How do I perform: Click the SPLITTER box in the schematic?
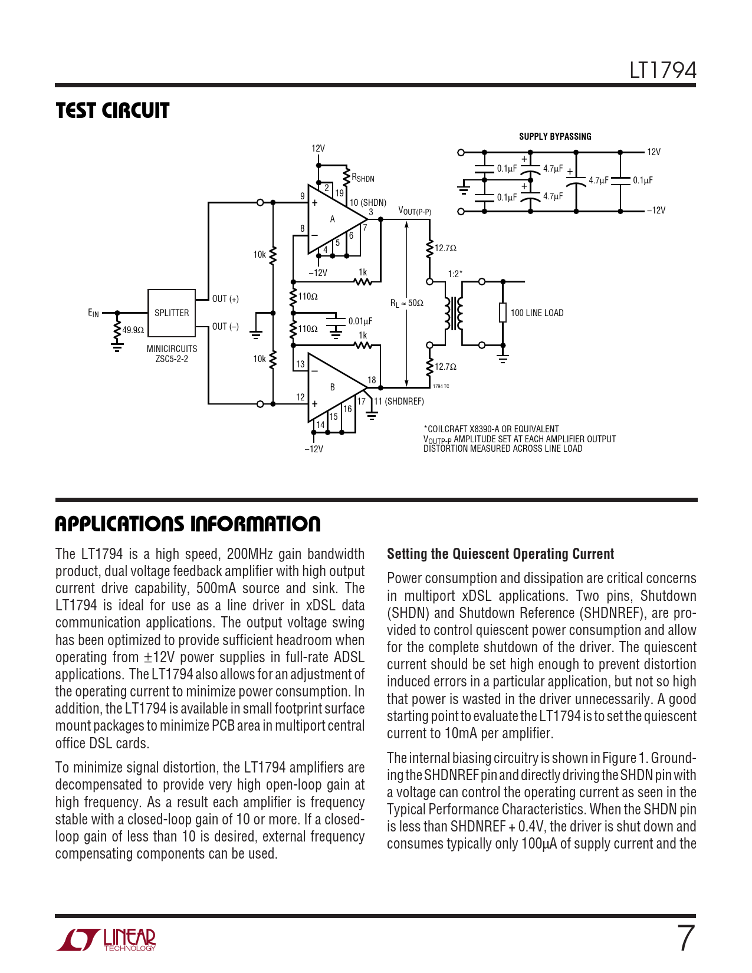171,313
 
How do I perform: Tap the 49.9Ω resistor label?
133,330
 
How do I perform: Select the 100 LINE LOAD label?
537,313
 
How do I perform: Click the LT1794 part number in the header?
662,71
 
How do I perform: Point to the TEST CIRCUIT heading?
113,111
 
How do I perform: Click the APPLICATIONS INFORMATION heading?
188,524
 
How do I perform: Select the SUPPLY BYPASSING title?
555,137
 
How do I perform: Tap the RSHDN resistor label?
363,178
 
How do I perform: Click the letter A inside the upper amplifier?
333,219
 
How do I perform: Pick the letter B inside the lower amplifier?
333,387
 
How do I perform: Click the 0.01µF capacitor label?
360,321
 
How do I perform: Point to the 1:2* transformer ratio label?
455,274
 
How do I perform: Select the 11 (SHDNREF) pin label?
399,402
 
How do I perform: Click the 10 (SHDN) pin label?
368,203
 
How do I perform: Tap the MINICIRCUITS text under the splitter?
172,349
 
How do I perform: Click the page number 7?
685,939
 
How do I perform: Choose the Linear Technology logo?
106,939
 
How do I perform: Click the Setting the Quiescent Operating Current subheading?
500,554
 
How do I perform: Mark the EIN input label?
93,313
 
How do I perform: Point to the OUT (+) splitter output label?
225,299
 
